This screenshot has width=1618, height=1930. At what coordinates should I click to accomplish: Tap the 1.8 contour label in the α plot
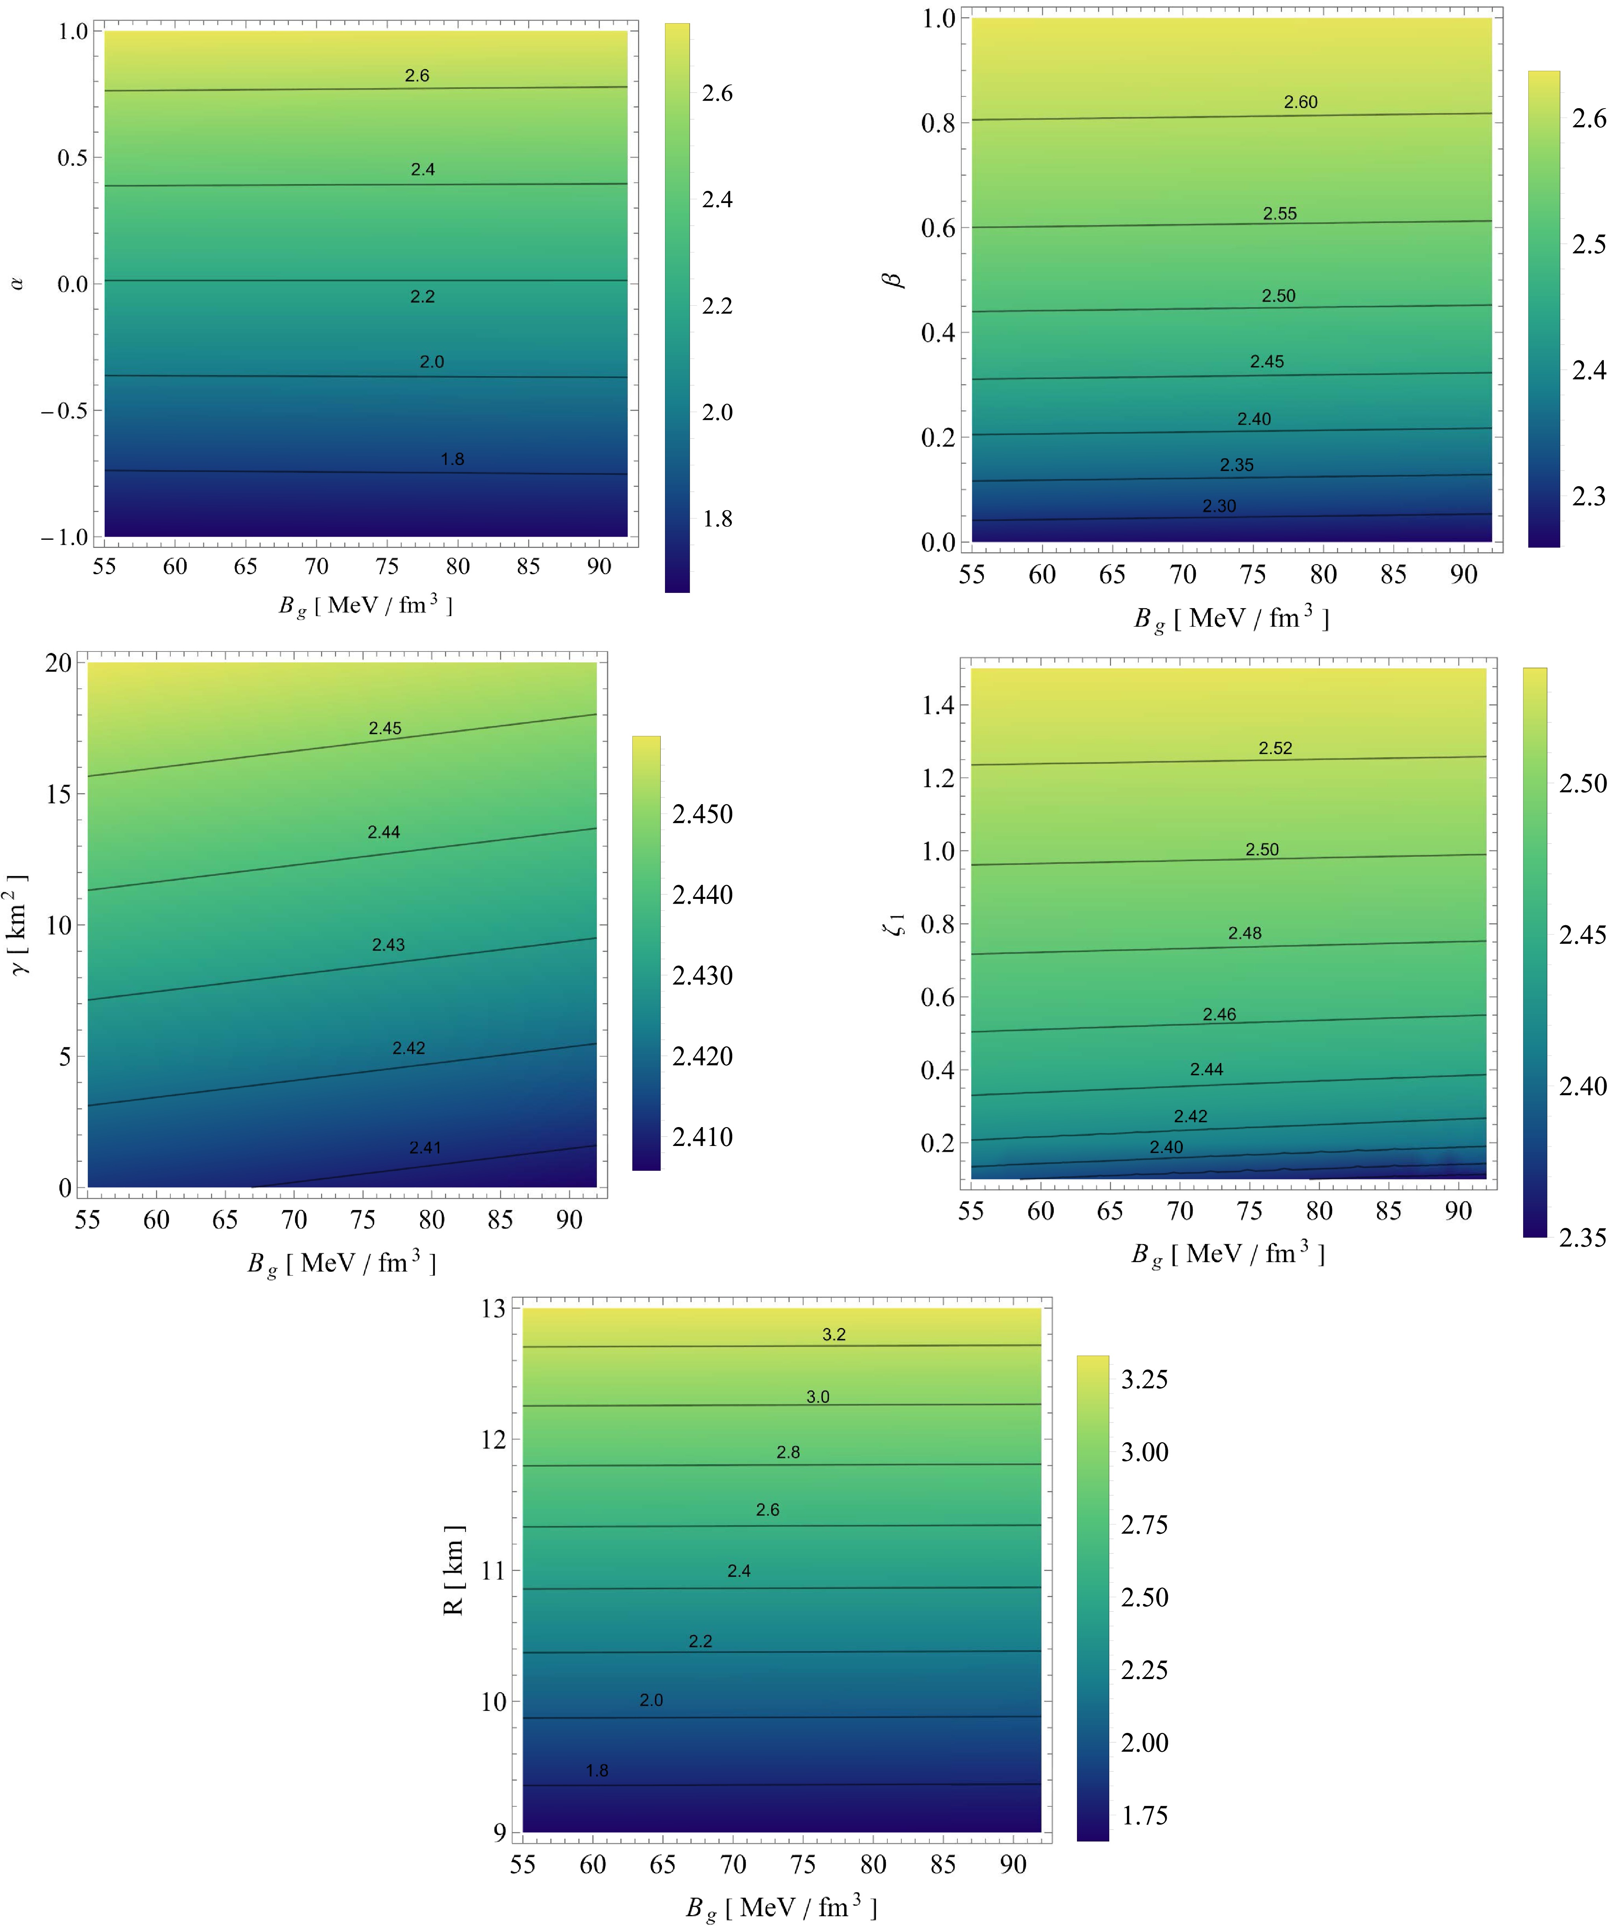pos(452,459)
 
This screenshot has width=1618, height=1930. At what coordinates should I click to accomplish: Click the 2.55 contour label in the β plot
pos(1280,213)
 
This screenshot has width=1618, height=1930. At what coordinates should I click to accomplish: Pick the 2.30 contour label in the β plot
pos(1219,506)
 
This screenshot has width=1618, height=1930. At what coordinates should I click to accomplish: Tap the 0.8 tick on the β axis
pos(938,123)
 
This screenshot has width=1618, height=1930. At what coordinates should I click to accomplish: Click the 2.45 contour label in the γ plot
pos(385,728)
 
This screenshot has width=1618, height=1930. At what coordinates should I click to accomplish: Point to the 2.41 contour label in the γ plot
pos(426,1147)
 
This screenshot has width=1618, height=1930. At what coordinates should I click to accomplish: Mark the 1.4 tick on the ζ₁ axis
pos(938,705)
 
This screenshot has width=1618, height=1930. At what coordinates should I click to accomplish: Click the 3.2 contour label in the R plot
pos(834,1334)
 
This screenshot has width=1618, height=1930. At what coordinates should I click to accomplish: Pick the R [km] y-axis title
pos(453,1570)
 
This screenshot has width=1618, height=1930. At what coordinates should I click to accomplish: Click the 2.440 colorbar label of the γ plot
pos(702,894)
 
